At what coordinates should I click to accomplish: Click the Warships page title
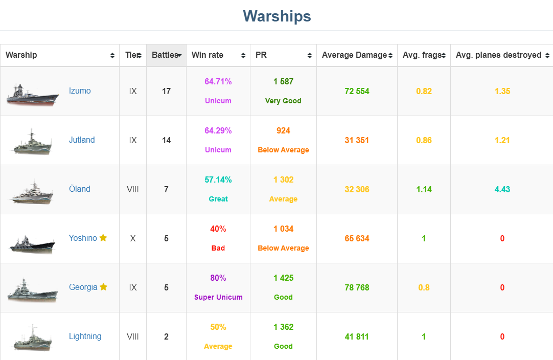tap(276, 16)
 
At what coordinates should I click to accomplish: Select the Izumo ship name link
tap(80, 91)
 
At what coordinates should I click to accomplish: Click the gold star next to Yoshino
tap(103, 238)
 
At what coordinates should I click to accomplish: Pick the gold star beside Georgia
tap(104, 287)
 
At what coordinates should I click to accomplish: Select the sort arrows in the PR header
tap(310, 56)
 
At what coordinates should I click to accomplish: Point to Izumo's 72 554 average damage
tap(357, 91)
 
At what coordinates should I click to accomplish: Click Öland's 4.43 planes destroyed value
tap(502, 189)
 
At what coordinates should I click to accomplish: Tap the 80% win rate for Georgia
tap(218, 278)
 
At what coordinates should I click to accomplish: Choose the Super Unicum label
tap(218, 297)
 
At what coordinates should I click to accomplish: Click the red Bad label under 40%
tap(218, 248)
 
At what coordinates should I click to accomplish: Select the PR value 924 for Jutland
tap(283, 131)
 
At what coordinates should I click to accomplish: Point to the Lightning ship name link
tap(85, 336)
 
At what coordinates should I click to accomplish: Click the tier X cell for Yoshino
tap(133, 238)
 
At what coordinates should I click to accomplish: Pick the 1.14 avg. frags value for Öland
tap(424, 189)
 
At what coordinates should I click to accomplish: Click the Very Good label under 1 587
tap(283, 101)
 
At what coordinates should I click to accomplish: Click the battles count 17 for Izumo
tap(166, 91)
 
